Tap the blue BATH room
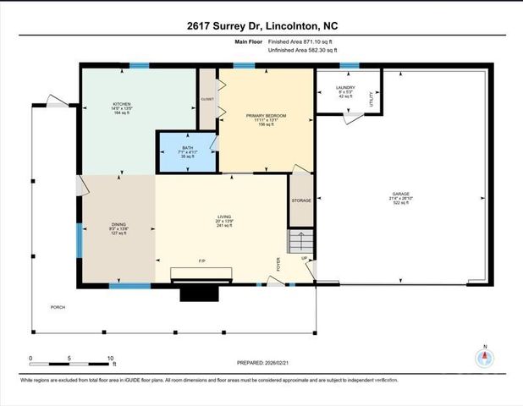(187, 152)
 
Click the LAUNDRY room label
(344, 88)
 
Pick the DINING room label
(117, 223)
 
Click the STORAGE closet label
(301, 200)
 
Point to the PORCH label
(58, 307)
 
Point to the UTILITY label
(371, 99)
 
